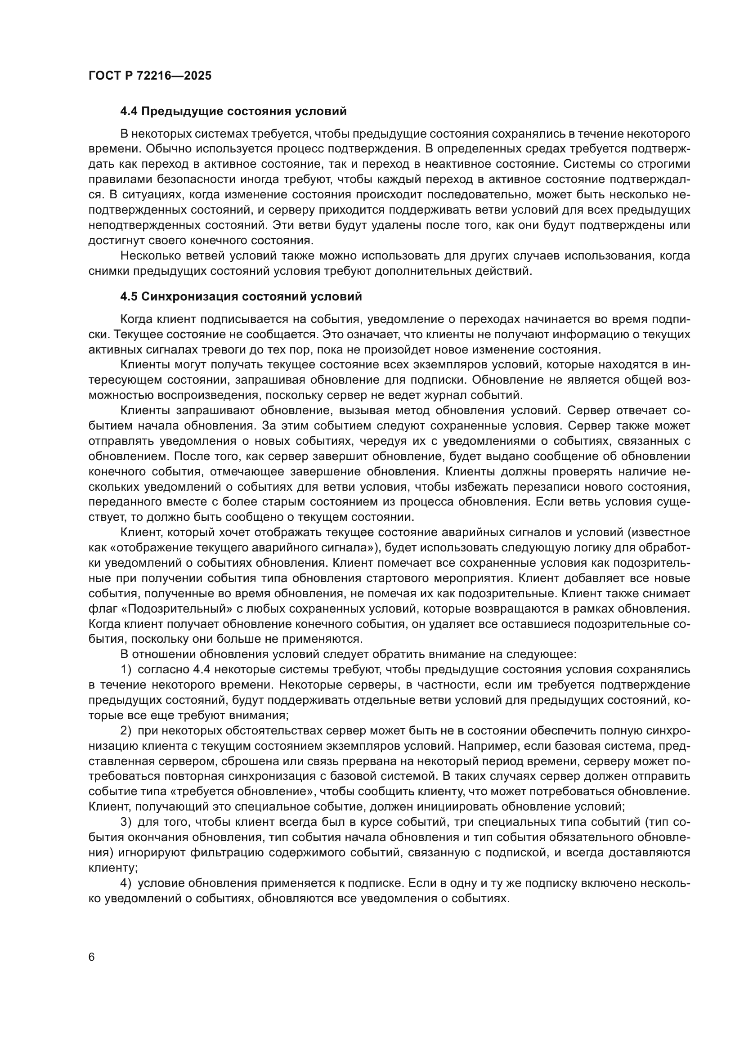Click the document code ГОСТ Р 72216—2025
[x=150, y=76]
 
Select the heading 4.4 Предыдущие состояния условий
[x=233, y=112]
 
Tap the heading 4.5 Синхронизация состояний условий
[x=241, y=296]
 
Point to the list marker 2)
[x=126, y=731]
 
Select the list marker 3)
[x=126, y=822]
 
